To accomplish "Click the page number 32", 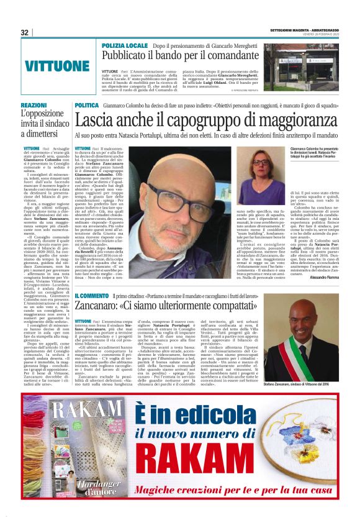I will point(25,32).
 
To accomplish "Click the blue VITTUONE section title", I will point(58,66).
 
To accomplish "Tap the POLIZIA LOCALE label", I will point(125,46).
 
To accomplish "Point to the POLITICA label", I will point(87,106).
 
